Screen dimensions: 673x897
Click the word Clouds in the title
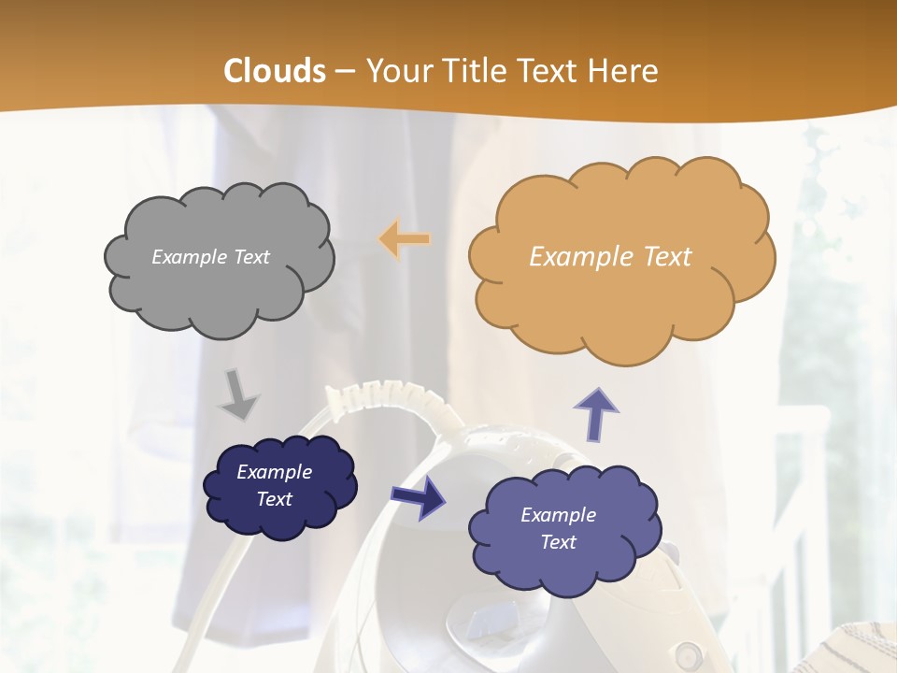click(x=275, y=71)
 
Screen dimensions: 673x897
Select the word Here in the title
click(x=626, y=71)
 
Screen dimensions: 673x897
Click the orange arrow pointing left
click(x=405, y=239)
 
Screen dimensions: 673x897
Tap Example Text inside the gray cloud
click(x=210, y=257)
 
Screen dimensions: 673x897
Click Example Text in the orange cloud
click(x=610, y=257)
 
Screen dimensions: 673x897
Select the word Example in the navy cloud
click(x=274, y=472)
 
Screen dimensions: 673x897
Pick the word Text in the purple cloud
click(x=559, y=542)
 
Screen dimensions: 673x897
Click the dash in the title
click(x=345, y=71)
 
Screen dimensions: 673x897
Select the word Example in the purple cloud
click(x=558, y=515)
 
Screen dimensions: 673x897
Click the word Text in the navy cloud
click(x=274, y=499)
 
